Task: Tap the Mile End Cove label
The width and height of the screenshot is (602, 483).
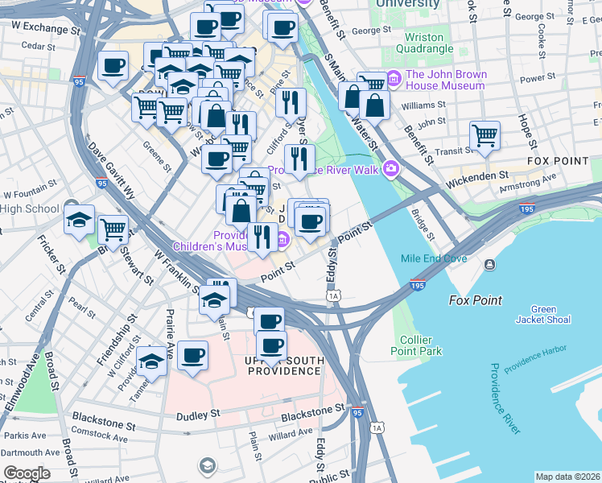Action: (x=434, y=258)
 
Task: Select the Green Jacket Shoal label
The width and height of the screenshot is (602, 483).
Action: (x=543, y=315)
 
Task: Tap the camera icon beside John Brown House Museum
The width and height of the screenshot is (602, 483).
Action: (x=394, y=79)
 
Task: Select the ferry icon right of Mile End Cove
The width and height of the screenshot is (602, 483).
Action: (x=489, y=264)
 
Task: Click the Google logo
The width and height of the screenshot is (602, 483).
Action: (x=26, y=473)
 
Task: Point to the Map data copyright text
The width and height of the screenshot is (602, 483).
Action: (x=567, y=477)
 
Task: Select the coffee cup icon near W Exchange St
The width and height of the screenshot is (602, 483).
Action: (x=113, y=65)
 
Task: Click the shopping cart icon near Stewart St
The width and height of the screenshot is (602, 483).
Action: (x=113, y=229)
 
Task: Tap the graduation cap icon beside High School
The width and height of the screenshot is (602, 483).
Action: (x=79, y=219)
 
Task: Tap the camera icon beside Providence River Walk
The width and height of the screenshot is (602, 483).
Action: (x=391, y=168)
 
